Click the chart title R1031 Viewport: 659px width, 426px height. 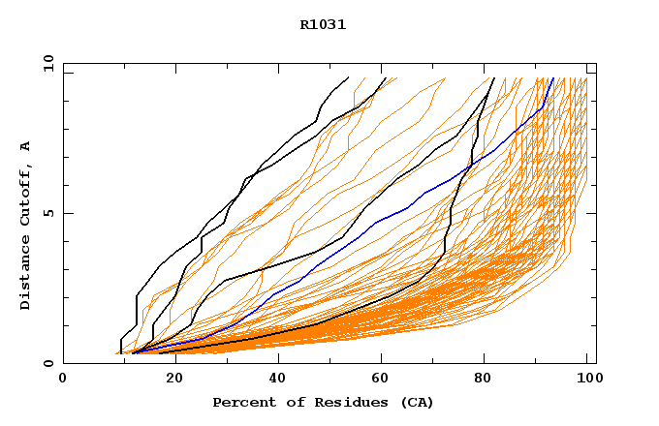pyautogui.click(x=323, y=25)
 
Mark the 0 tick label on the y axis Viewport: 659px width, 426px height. pyautogui.click(x=48, y=363)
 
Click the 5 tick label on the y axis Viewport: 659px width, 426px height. pyautogui.click(x=48, y=213)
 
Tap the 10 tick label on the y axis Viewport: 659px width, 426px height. pyautogui.click(x=48, y=63)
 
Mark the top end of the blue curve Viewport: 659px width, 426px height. pyautogui.click(x=552, y=78)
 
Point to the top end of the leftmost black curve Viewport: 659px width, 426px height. pyautogui.click(x=348, y=77)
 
